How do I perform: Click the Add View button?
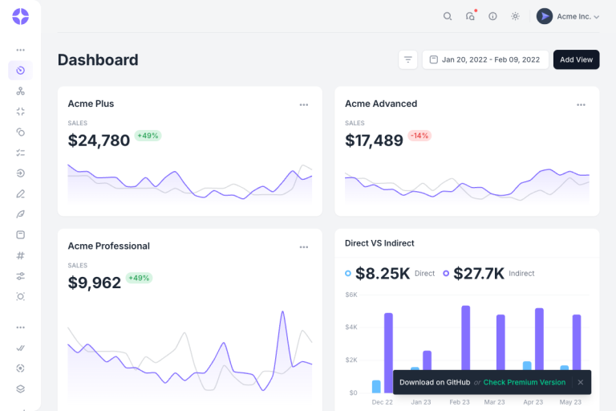576,59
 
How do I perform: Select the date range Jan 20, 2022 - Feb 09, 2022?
485,59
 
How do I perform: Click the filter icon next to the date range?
407,59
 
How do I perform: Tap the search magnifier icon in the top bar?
448,16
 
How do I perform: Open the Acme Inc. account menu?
568,16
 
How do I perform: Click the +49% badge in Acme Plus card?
148,136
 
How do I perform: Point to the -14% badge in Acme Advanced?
419,136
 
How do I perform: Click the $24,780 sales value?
99,140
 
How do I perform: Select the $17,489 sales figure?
374,140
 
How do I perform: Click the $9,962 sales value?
95,283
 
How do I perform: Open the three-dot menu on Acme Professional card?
304,247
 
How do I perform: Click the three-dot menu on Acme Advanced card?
581,104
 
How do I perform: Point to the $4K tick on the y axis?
351,327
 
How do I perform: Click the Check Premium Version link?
524,382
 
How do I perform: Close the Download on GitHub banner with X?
580,382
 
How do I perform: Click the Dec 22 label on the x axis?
382,402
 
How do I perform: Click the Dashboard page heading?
98,60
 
